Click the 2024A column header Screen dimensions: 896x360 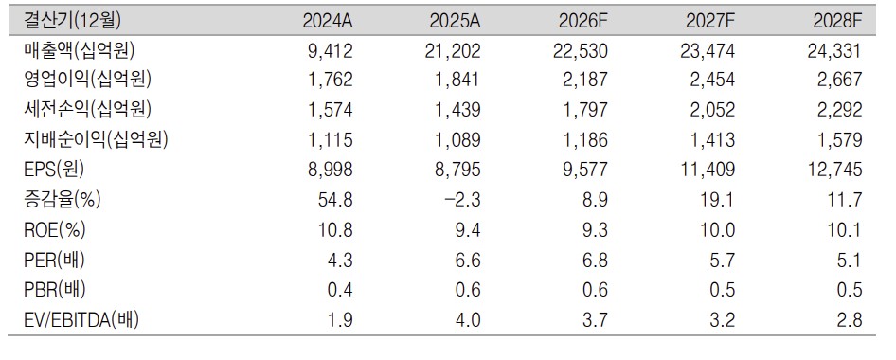click(328, 22)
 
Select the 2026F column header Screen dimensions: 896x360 click(582, 22)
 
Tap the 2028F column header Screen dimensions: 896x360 click(836, 22)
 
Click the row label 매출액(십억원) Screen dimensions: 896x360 click(79, 51)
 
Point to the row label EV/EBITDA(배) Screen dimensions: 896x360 click(81, 320)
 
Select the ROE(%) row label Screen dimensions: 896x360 click(54, 229)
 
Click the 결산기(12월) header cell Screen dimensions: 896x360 click(72, 21)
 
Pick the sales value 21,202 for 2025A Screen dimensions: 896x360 click(447, 51)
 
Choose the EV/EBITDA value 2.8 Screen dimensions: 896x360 click(848, 320)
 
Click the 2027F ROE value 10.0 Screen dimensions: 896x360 click(717, 230)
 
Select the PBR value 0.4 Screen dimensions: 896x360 click(340, 290)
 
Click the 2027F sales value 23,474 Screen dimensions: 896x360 click(702, 51)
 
